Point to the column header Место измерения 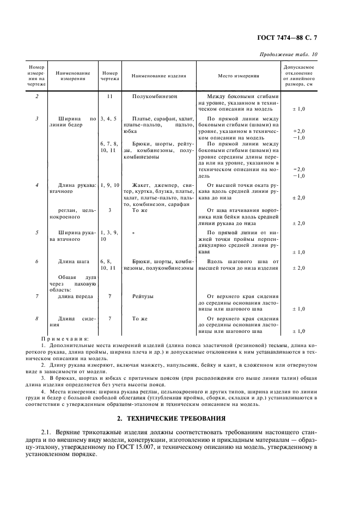(x=238, y=77)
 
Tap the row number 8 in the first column (x=36, y=318)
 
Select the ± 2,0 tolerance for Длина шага (x=298, y=268)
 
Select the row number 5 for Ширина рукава (x=36, y=232)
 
